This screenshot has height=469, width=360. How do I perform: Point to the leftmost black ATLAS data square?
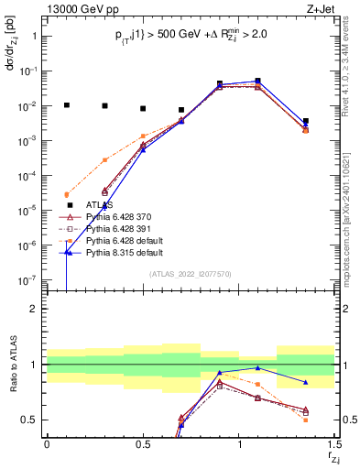(x=66, y=105)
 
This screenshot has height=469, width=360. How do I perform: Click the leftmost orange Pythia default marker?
(x=66, y=194)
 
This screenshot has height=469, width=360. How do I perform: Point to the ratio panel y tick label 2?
(x=34, y=309)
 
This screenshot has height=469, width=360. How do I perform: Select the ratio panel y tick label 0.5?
(x=29, y=420)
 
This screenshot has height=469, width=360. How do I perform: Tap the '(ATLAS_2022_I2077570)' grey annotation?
(x=191, y=274)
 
